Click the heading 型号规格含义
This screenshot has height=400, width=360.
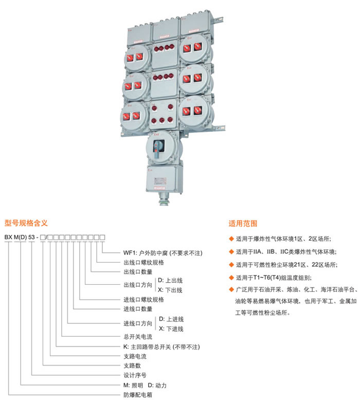click(x=26, y=223)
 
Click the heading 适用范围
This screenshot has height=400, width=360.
click(x=243, y=224)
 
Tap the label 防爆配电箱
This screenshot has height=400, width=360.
click(x=135, y=395)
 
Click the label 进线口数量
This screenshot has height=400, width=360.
click(x=138, y=309)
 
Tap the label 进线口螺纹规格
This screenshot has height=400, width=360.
click(x=143, y=299)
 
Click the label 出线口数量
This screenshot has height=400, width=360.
click(x=138, y=271)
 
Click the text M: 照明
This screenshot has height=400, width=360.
click(x=133, y=385)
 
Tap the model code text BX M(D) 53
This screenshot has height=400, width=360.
click(x=22, y=237)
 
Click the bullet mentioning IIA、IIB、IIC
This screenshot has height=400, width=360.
click(x=285, y=252)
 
